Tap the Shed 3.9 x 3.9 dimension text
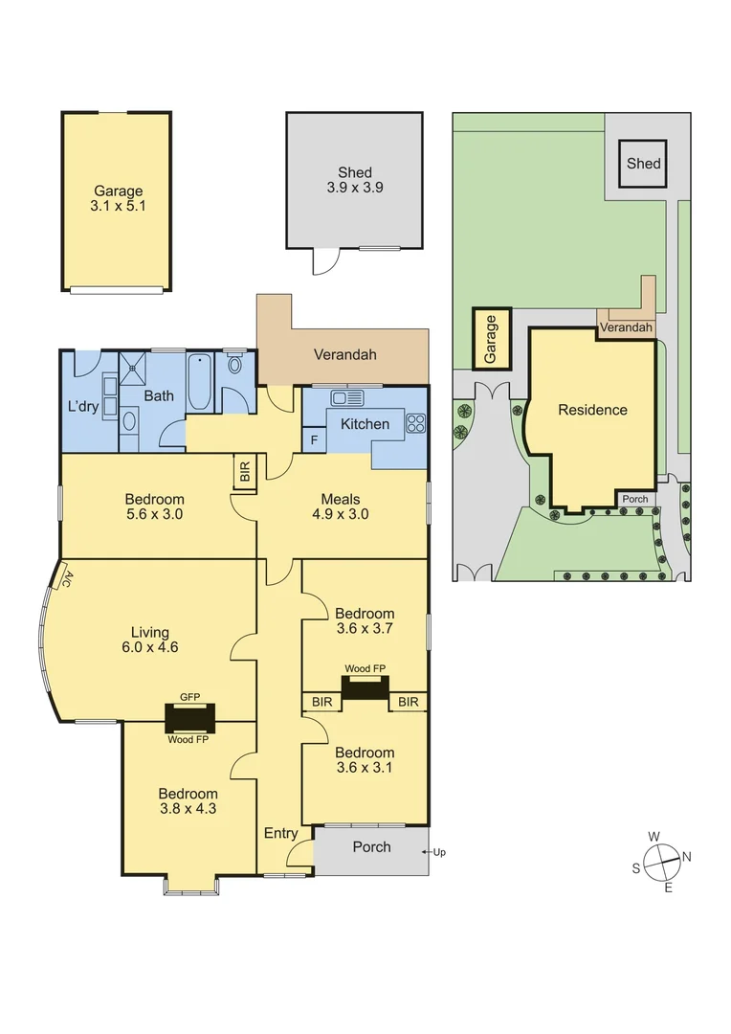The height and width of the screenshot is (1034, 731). pos(355,188)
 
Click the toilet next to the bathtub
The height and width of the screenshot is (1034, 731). pos(235,364)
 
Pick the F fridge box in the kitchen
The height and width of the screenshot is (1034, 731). pos(314,440)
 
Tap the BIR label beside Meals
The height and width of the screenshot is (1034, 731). pos(245,472)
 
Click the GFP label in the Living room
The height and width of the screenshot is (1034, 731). pos(189,699)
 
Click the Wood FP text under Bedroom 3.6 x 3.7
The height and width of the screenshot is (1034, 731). pos(365,668)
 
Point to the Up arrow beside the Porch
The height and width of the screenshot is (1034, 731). pos(438,852)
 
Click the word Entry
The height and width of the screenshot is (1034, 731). pos(280,833)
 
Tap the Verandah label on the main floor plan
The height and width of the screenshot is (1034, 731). pos(345,354)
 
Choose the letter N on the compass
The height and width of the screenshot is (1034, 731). pos(687,856)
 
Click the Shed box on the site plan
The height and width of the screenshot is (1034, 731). pos(643,164)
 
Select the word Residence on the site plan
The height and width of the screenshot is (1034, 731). pos(592,410)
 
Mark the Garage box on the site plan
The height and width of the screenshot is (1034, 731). pos(492,339)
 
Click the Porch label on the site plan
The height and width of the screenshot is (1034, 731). pos(634,499)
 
